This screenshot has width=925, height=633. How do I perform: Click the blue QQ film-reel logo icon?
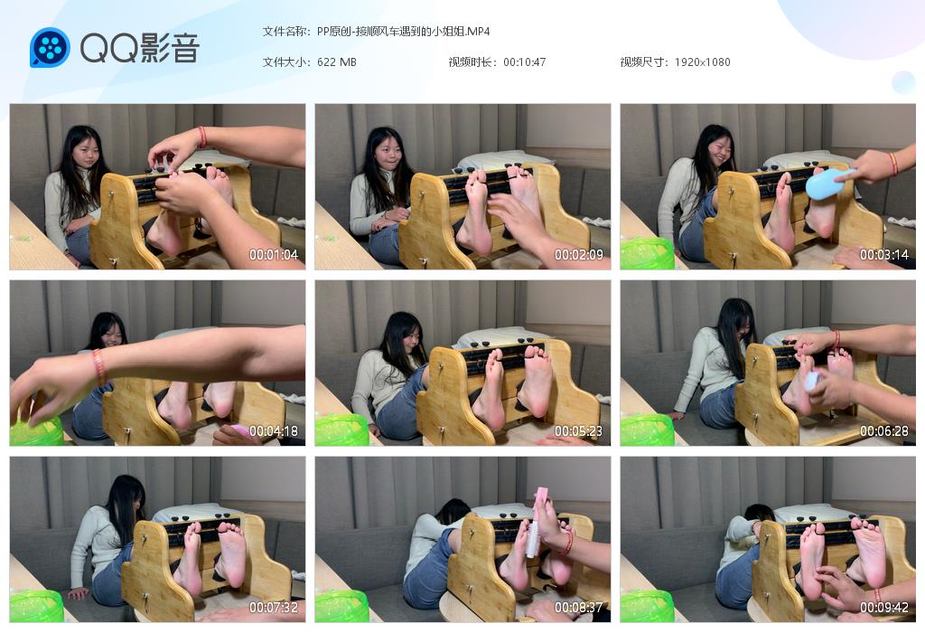point(51,47)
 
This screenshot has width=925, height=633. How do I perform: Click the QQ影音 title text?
point(140,48)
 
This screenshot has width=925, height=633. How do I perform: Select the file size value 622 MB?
point(337,62)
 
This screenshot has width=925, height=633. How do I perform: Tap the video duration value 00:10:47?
point(525,62)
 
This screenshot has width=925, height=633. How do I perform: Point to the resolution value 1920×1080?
point(702,62)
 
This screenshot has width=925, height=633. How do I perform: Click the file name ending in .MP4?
point(404,32)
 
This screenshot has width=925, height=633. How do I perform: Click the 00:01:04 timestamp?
point(274,255)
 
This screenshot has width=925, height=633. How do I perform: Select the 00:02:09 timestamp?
point(579,255)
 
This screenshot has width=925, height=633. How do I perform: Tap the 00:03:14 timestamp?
point(884,255)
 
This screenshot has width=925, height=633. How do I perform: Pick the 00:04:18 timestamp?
point(274,431)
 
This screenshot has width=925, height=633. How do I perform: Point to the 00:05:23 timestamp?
point(579,431)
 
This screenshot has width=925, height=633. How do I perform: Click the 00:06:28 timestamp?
point(884,431)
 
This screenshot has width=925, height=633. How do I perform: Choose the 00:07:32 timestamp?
point(274,607)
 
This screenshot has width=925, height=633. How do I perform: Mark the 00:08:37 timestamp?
point(579,607)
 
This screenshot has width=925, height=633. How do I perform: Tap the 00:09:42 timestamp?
point(884,607)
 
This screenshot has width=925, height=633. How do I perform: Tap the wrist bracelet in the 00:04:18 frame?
point(98,366)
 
